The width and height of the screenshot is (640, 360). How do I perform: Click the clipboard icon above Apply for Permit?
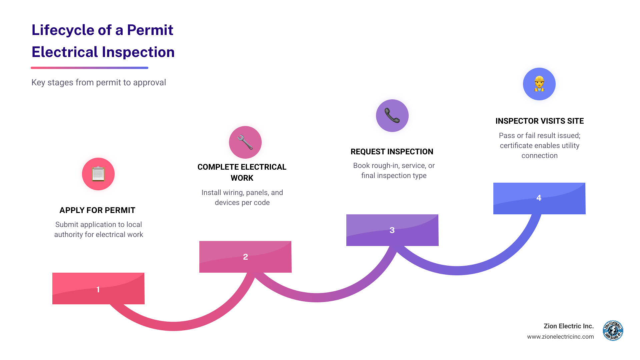click(x=98, y=174)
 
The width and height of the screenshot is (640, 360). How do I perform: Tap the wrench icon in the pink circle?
click(x=245, y=142)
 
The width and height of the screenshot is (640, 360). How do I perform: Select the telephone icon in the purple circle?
click(x=392, y=116)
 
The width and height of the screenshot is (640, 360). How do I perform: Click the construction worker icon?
click(x=539, y=84)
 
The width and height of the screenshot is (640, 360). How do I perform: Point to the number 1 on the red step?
click(x=98, y=289)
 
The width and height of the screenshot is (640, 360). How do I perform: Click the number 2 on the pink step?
click(x=245, y=257)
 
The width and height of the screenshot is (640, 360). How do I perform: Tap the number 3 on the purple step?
click(x=392, y=230)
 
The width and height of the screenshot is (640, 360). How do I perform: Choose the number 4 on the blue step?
click(x=539, y=198)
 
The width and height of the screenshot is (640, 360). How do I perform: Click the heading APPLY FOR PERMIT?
click(x=97, y=210)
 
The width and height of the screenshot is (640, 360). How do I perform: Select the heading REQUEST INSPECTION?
click(x=392, y=152)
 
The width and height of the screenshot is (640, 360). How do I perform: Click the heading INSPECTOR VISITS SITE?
click(x=539, y=121)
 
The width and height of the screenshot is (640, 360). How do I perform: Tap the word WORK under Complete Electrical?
click(x=242, y=178)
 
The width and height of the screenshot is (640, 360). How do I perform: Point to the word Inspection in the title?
click(x=138, y=52)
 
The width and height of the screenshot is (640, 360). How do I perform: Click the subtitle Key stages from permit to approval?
click(x=99, y=82)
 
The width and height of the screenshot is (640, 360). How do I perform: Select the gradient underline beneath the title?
click(x=89, y=68)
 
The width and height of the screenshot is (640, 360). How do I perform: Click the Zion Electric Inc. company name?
click(x=569, y=326)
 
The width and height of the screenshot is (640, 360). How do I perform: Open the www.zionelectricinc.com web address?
click(x=560, y=337)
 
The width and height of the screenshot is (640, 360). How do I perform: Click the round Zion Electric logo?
click(x=613, y=331)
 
